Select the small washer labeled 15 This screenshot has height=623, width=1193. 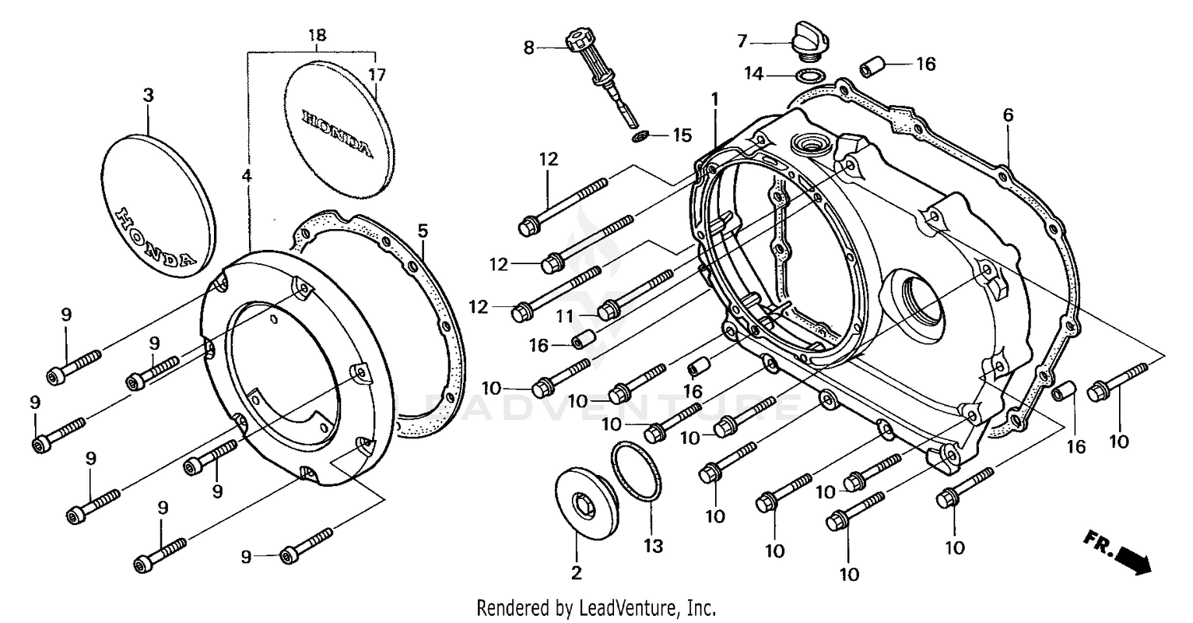[639, 137]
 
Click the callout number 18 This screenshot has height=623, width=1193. [317, 36]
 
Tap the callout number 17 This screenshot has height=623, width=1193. [377, 75]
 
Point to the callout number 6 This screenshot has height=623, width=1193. [1008, 115]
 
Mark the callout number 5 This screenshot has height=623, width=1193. [423, 232]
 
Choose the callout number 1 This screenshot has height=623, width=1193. [714, 99]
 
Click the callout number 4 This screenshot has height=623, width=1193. [247, 174]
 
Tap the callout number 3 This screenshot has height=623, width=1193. [148, 95]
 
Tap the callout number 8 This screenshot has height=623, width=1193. [529, 47]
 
